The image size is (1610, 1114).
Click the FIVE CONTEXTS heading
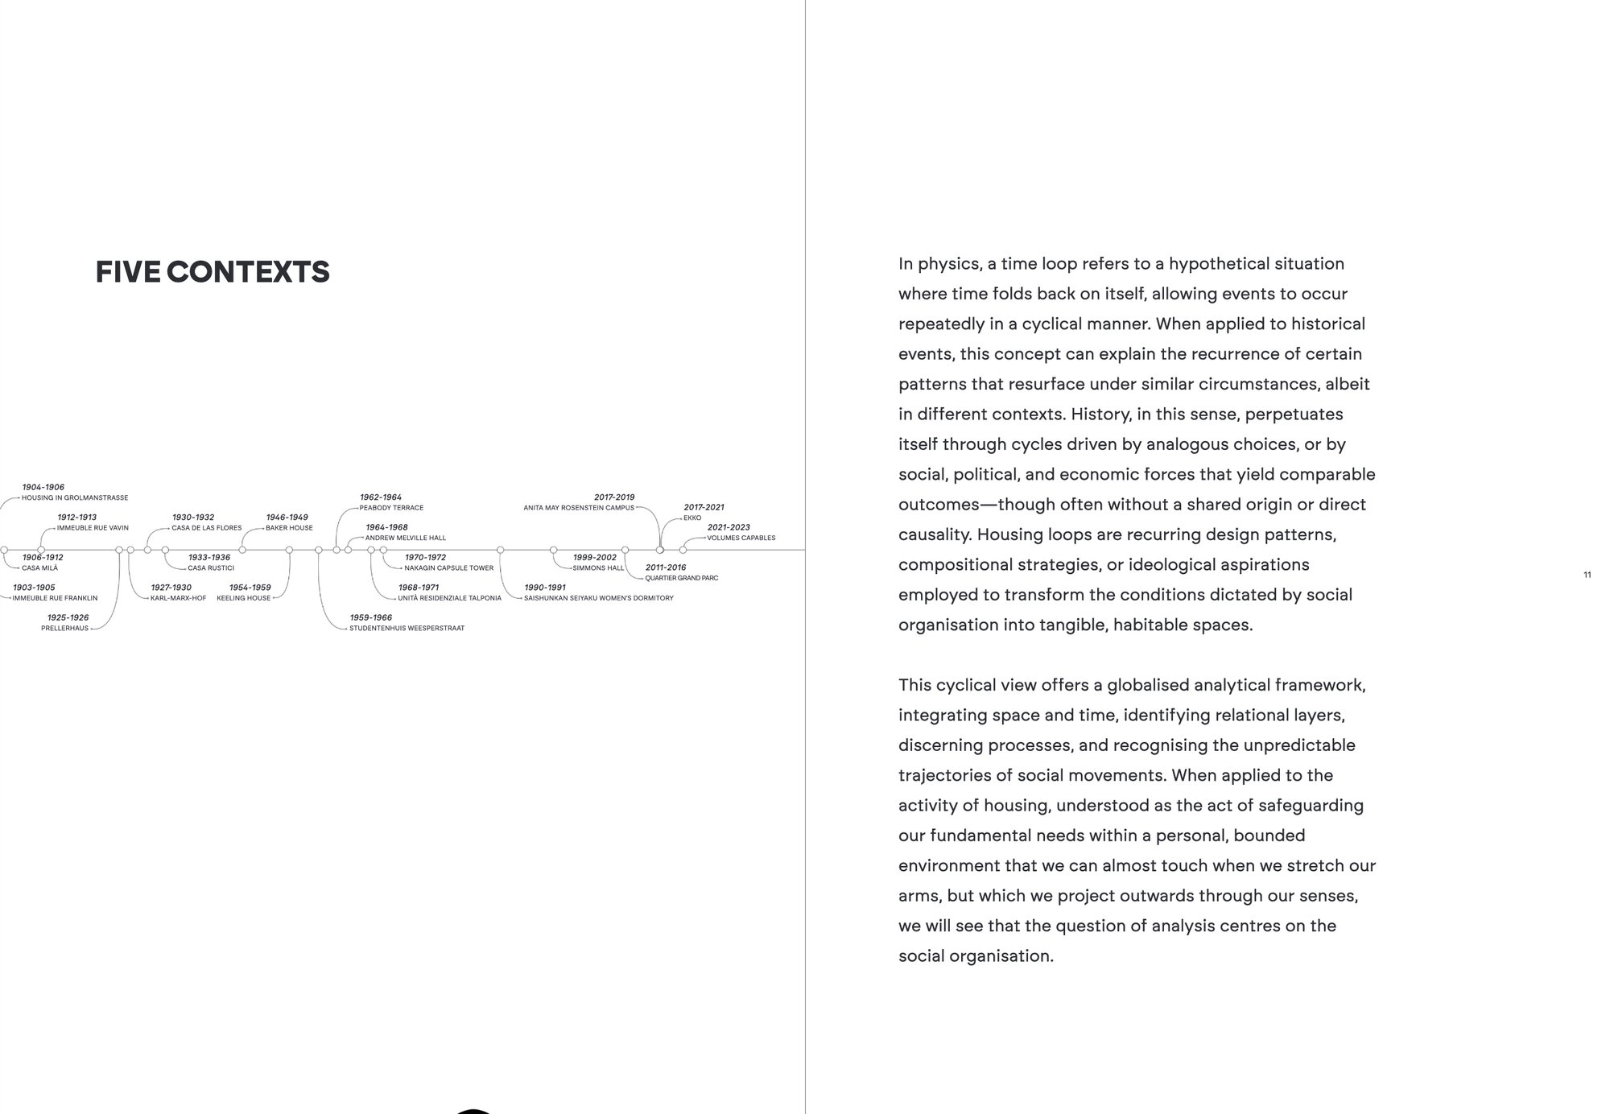pyautogui.click(x=213, y=272)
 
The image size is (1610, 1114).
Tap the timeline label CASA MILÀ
pyautogui.click(x=39, y=568)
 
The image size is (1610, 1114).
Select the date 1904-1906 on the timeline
pyautogui.click(x=43, y=487)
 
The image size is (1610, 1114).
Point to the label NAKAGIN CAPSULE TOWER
pyautogui.click(x=448, y=568)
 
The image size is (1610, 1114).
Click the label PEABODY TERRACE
pyautogui.click(x=391, y=508)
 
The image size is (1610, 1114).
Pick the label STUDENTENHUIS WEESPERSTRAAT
pyautogui.click(x=407, y=629)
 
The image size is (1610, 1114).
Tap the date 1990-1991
pyautogui.click(x=545, y=588)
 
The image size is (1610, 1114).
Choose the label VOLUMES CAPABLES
pyautogui.click(x=741, y=538)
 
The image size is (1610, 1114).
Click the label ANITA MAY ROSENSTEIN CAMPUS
pyautogui.click(x=579, y=508)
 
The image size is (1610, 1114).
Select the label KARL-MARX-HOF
pyautogui.click(x=178, y=598)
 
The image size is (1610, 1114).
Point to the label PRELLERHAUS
pyautogui.click(x=64, y=629)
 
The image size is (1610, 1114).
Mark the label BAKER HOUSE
pyautogui.click(x=289, y=528)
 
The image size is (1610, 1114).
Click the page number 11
pyautogui.click(x=1587, y=575)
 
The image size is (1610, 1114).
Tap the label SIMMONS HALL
pyautogui.click(x=598, y=568)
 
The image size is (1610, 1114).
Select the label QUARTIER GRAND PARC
pyautogui.click(x=681, y=578)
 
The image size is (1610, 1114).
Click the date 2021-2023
pyautogui.click(x=729, y=527)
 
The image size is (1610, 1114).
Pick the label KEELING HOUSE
pyautogui.click(x=243, y=598)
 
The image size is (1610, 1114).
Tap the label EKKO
pyautogui.click(x=692, y=518)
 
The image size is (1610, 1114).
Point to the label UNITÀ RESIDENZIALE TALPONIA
pyautogui.click(x=449, y=598)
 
